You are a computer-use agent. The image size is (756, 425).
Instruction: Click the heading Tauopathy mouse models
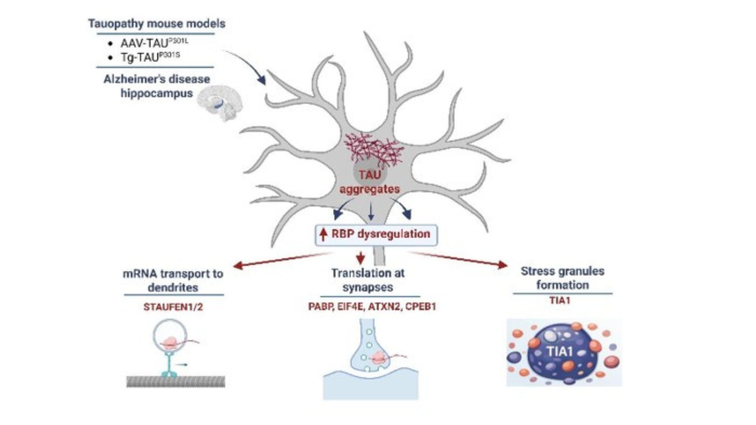[157, 24]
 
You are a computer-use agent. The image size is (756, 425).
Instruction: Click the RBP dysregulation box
[376, 235]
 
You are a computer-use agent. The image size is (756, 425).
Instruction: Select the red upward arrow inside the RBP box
[323, 235]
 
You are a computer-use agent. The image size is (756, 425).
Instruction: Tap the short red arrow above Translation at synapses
[360, 258]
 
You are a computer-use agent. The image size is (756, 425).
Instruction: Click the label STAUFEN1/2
[173, 307]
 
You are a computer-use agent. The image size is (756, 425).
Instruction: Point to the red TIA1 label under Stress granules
[560, 301]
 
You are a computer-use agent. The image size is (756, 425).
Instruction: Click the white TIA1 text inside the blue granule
[560, 351]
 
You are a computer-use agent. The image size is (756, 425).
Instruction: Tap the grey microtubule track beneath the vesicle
[176, 381]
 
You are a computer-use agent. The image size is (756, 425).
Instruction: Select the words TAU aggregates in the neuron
[369, 182]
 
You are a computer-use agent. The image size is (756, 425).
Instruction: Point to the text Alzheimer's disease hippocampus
[157, 86]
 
